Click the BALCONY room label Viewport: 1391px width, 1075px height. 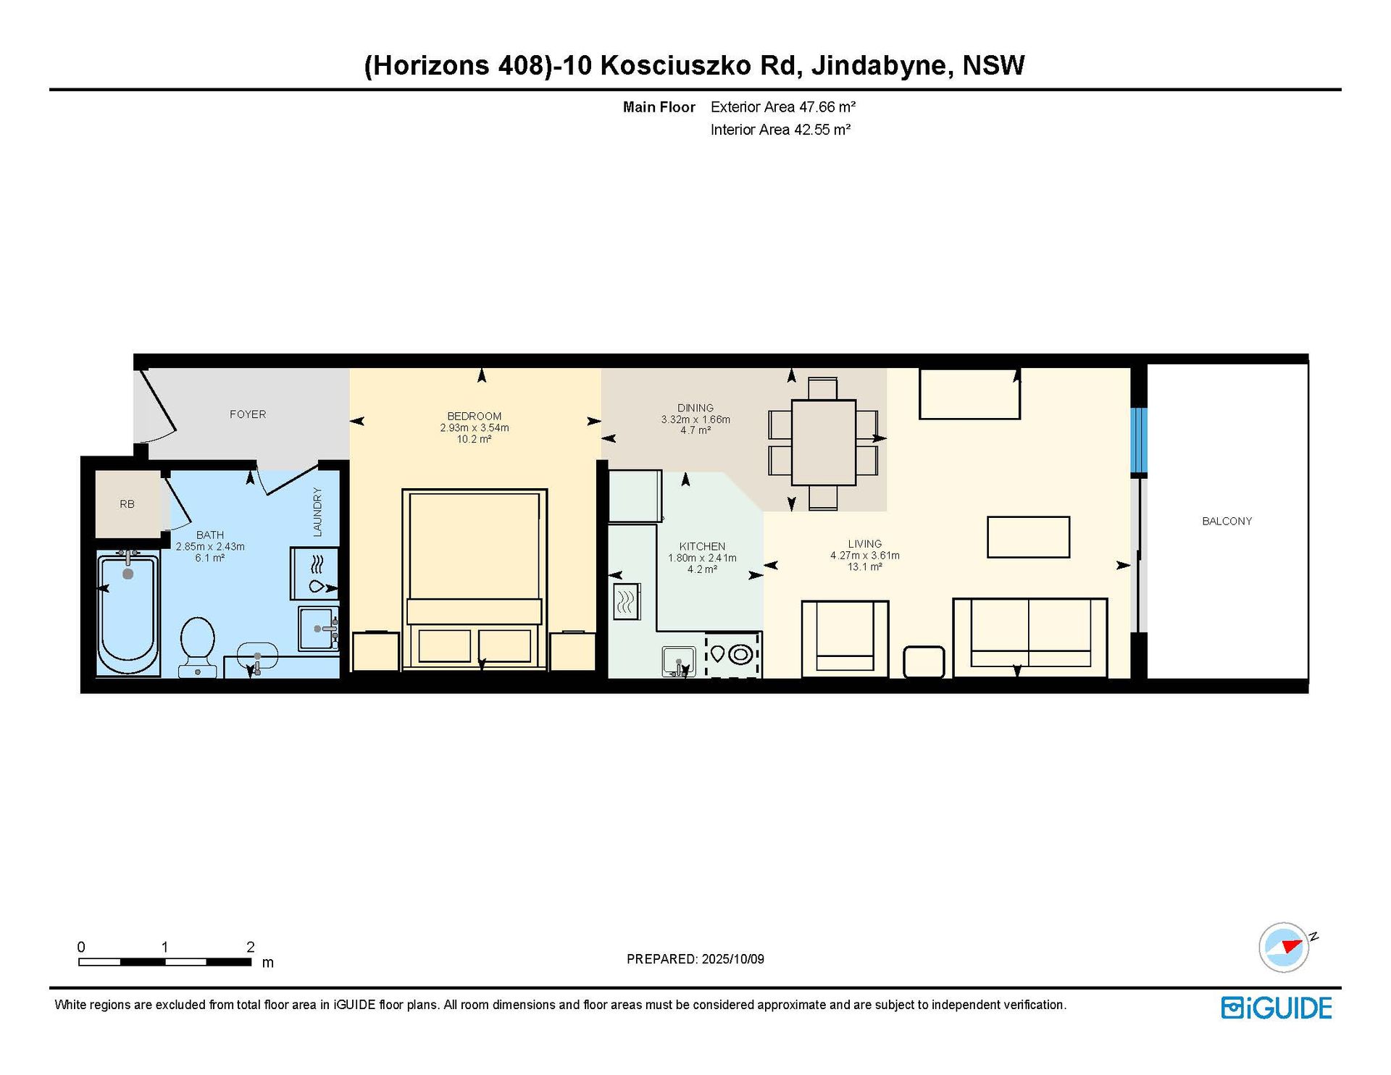click(x=1227, y=521)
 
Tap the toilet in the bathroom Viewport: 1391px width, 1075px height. click(x=197, y=646)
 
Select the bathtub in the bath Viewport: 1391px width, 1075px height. click(x=128, y=614)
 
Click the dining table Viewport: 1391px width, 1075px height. click(x=823, y=443)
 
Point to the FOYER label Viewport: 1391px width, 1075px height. click(x=248, y=414)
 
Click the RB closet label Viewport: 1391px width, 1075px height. click(x=127, y=504)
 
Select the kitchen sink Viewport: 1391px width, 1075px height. click(x=679, y=662)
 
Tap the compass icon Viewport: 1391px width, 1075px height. click(x=1285, y=947)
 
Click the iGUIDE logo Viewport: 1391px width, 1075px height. click(x=1277, y=1008)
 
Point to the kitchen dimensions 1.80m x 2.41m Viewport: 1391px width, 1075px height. click(x=702, y=558)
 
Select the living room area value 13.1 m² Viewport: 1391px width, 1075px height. click(x=865, y=566)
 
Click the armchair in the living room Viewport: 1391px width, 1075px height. click(x=845, y=639)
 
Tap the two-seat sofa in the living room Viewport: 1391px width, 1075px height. click(x=1030, y=637)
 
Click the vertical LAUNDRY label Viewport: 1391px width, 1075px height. click(x=317, y=512)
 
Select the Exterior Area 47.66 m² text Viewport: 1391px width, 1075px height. click(x=783, y=107)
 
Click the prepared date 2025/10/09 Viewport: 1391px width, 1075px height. click(x=732, y=959)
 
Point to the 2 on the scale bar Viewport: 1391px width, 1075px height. click(x=251, y=947)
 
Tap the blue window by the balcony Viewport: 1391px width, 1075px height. click(x=1140, y=440)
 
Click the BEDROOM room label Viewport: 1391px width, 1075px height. click(x=475, y=417)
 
